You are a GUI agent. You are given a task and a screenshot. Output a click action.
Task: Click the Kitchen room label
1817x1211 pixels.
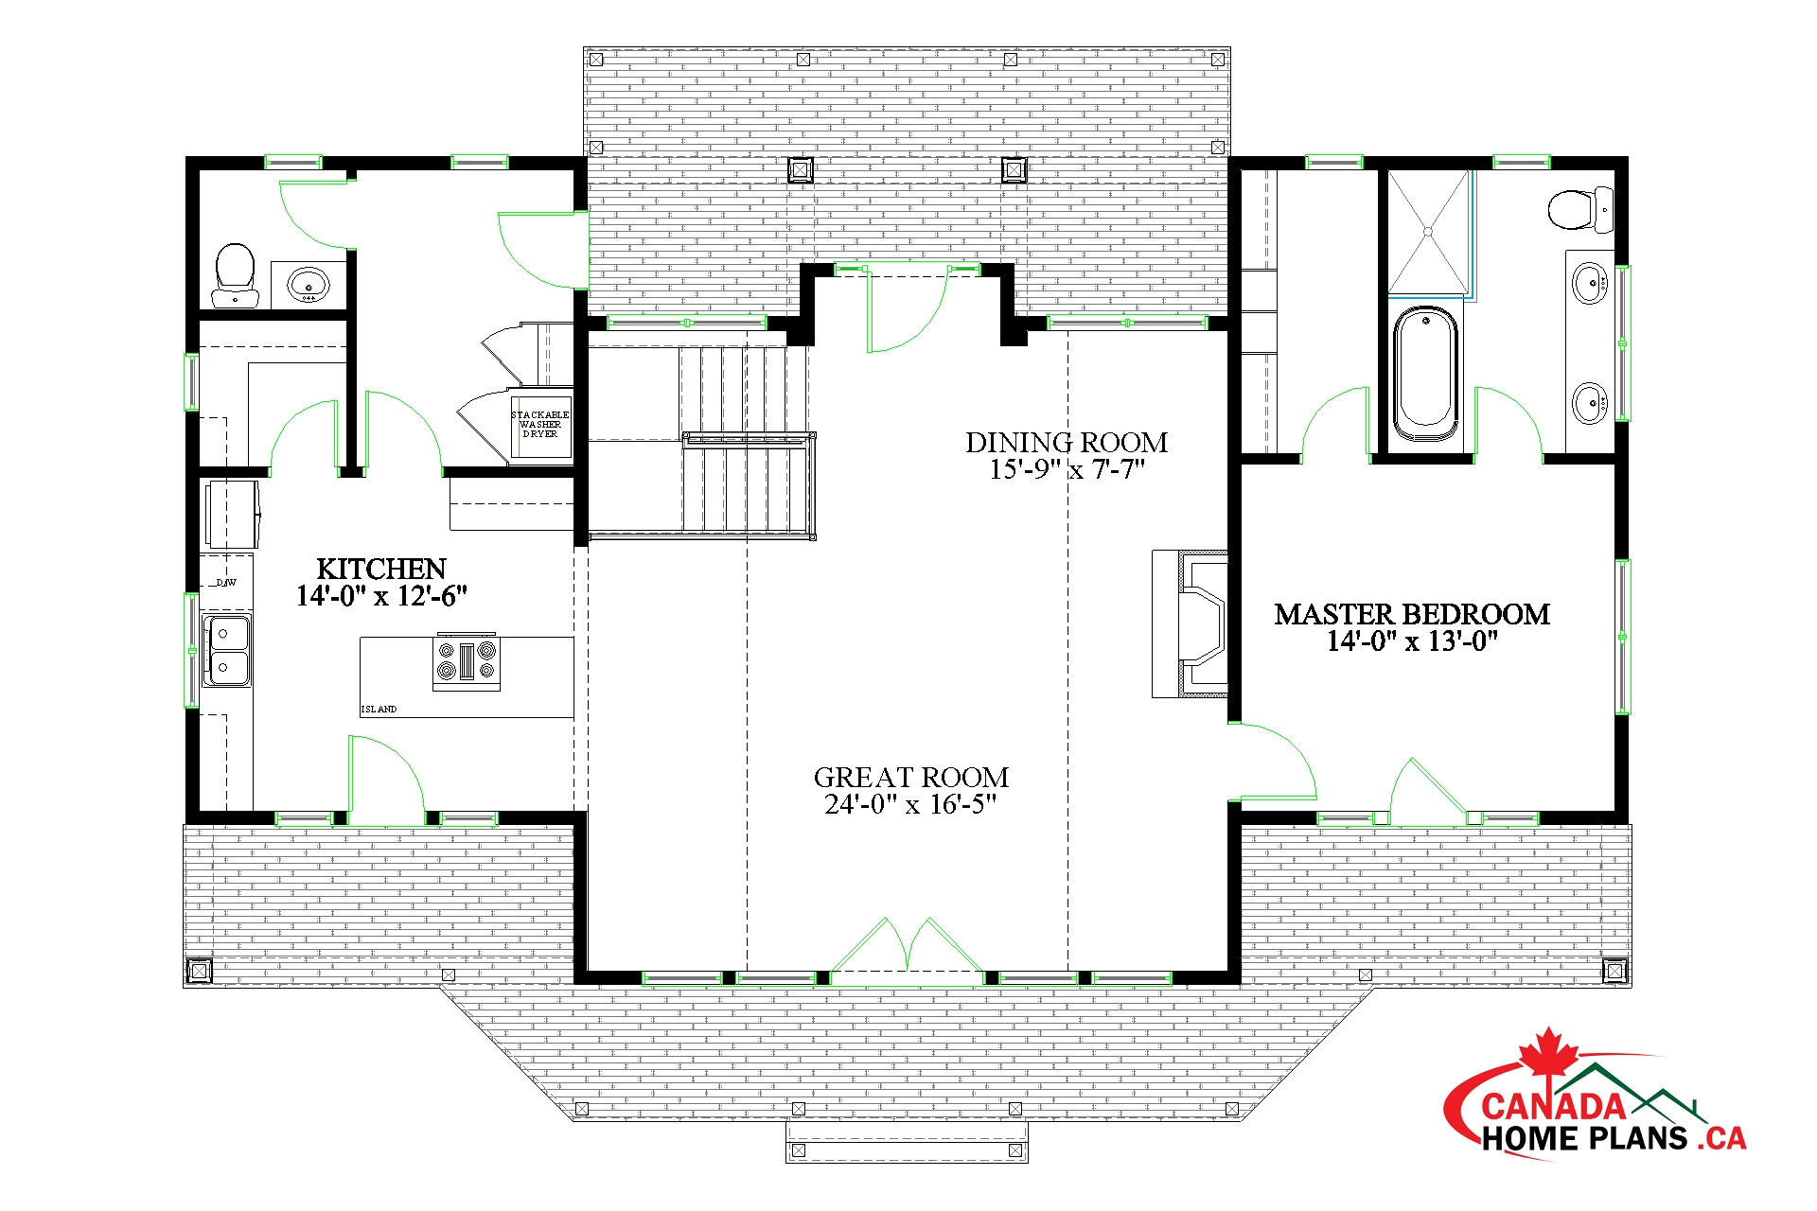pos(381,569)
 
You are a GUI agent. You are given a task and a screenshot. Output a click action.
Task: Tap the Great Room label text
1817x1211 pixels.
pos(911,778)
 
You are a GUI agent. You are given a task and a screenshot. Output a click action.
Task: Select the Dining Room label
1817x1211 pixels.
pos(1067,443)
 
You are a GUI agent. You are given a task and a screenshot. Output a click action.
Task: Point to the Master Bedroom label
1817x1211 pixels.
pos(1412,615)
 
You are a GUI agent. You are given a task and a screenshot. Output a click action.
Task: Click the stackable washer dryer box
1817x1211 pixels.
pos(540,424)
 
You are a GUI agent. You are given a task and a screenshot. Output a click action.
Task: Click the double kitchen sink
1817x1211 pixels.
pos(227,649)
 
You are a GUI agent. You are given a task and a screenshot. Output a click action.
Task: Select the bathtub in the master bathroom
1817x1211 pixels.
pos(1426,372)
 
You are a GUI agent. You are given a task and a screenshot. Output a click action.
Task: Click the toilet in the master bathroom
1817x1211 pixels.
pos(1580,209)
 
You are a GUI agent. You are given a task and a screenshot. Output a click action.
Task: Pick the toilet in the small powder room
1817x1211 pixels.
pos(236,275)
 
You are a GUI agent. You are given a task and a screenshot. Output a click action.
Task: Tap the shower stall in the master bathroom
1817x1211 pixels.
pos(1429,232)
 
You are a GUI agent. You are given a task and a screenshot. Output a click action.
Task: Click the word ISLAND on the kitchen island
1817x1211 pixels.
pos(379,709)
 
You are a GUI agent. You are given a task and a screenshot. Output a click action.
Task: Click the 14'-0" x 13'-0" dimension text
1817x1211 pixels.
pos(1412,641)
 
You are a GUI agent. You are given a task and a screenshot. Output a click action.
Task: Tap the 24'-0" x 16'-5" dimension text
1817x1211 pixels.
pos(911,804)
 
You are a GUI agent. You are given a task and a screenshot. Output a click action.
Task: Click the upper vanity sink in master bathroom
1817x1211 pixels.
pos(1590,282)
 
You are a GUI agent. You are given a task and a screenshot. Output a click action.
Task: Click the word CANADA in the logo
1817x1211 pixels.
pos(1553,1106)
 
